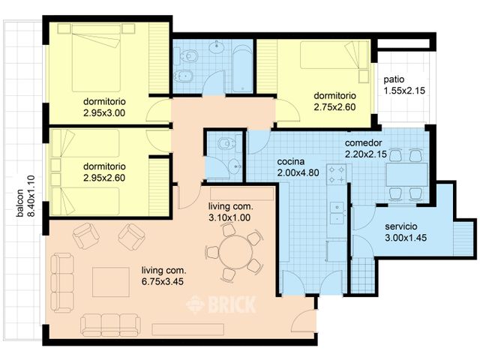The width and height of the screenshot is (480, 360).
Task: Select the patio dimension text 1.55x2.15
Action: [x=404, y=91]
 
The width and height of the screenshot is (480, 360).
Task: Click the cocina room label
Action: [x=291, y=161]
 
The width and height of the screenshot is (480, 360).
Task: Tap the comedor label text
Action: [x=364, y=142]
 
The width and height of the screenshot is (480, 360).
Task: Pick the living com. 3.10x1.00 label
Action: [x=231, y=212]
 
